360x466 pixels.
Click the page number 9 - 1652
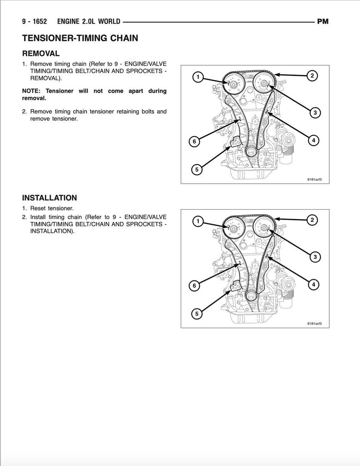34,21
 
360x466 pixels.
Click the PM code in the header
322,21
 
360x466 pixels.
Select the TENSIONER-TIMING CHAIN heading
80,38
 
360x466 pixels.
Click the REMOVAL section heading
41,54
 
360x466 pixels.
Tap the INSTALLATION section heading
49,198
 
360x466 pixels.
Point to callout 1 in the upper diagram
198,77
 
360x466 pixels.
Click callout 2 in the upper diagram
312,75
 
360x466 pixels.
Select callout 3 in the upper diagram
314,113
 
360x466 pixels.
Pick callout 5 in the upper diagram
196,170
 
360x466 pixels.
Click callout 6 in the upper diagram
194,142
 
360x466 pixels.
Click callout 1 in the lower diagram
198,221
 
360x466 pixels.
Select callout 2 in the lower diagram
312,220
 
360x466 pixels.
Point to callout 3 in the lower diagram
314,257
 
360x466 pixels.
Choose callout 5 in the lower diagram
196,314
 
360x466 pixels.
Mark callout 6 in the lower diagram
194,286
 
